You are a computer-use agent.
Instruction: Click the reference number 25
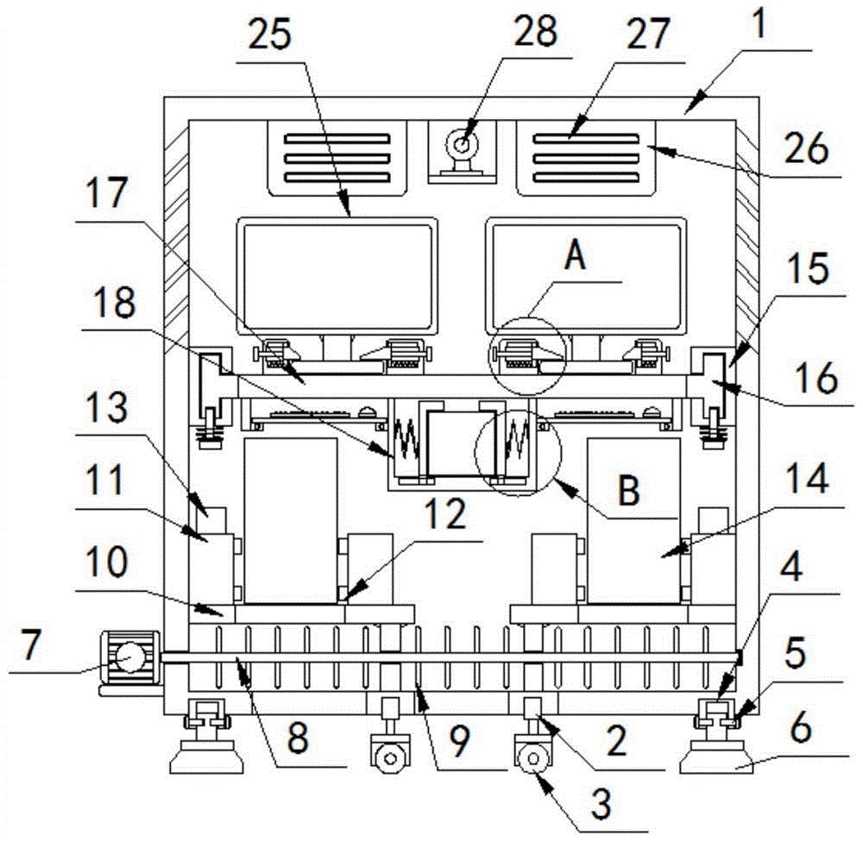(269, 35)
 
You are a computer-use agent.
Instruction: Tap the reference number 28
(535, 31)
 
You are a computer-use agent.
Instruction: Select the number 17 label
(107, 192)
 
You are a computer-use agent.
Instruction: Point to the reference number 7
(29, 644)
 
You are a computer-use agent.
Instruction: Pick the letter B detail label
(628, 489)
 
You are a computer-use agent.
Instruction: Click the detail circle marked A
(528, 355)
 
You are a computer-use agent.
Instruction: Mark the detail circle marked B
(518, 452)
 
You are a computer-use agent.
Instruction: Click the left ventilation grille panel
(337, 159)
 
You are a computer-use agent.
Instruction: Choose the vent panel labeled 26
(586, 159)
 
